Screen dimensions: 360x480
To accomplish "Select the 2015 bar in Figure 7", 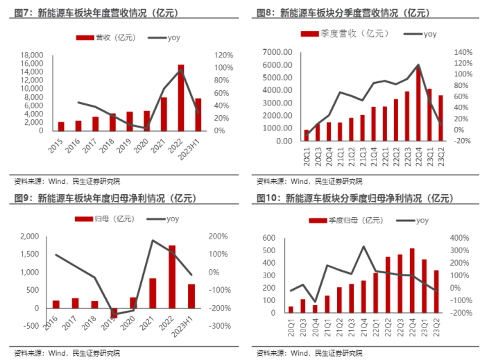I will point(61,126).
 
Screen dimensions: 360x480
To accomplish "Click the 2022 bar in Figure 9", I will point(172,276).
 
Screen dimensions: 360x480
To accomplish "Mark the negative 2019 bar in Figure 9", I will point(114,312).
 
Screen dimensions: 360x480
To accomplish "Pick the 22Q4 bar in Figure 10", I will point(412,280).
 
